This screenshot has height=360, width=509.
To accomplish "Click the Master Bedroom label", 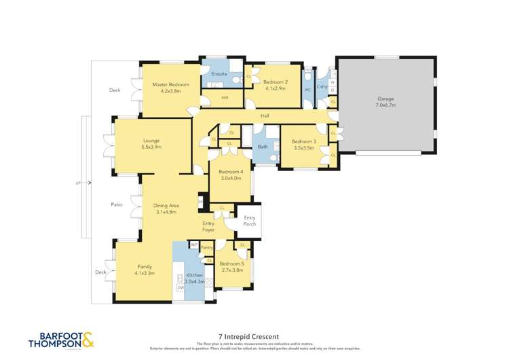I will click(x=166, y=84).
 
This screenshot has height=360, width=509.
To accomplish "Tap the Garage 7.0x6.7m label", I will click(x=385, y=103).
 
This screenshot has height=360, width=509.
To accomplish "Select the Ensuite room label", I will click(x=219, y=73).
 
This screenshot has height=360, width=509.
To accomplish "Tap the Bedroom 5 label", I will click(x=232, y=264).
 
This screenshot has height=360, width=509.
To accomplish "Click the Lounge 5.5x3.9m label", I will click(x=151, y=144).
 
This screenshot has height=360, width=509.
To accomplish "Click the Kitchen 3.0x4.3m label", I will click(x=191, y=278).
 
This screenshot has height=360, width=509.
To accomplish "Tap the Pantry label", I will click(x=207, y=248).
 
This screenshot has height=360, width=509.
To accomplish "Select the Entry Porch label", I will click(x=250, y=220).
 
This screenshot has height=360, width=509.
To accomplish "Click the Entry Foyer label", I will click(x=208, y=226).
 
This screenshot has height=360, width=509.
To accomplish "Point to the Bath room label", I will click(x=263, y=146).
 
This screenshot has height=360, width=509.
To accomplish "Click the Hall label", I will click(x=265, y=116).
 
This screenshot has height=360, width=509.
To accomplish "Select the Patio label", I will click(x=116, y=204).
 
